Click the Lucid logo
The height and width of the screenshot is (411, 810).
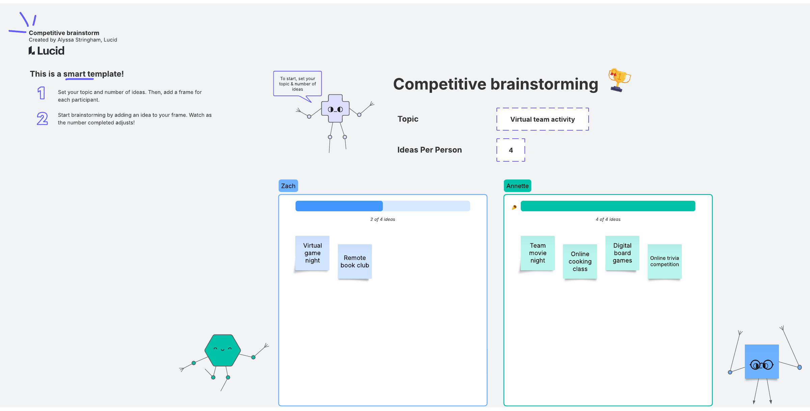(47, 51)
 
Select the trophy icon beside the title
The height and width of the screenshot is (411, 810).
(619, 80)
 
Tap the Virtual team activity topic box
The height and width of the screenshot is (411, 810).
(542, 119)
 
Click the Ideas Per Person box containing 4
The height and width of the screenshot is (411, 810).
(511, 150)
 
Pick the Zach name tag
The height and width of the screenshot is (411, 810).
(288, 186)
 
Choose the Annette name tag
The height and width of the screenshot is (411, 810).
(517, 186)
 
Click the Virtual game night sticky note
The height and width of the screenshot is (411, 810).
(312, 253)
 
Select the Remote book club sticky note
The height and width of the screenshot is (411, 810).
(355, 262)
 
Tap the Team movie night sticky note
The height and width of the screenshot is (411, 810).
(538, 253)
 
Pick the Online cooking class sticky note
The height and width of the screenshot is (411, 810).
(580, 262)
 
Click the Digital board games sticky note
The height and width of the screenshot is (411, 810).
(622, 253)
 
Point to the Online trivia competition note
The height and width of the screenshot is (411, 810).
(665, 262)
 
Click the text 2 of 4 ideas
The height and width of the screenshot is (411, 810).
(382, 219)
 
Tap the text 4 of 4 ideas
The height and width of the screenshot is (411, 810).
(608, 219)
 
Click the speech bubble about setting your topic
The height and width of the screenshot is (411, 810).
(297, 84)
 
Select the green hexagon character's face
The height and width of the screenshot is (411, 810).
(222, 350)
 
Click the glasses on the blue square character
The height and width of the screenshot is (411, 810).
(761, 365)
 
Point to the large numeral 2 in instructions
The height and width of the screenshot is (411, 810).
(42, 119)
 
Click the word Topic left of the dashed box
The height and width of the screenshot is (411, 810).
(408, 119)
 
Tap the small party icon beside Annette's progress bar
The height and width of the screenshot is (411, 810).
(514, 207)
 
